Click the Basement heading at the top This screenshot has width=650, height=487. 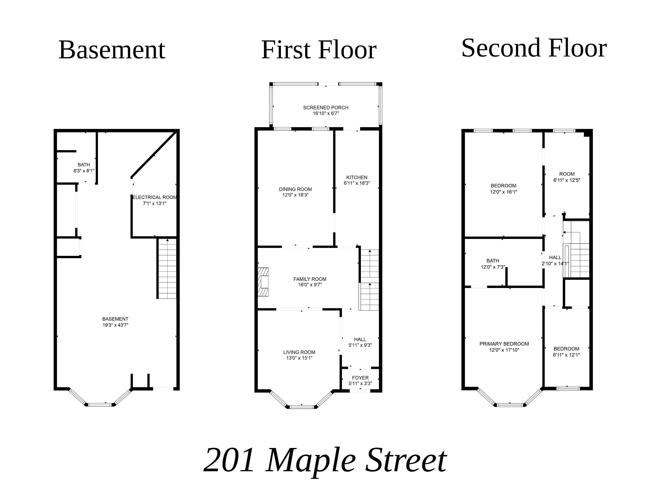click(x=112, y=50)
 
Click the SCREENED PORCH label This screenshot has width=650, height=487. click(x=326, y=108)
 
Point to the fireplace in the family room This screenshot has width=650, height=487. click(x=263, y=282)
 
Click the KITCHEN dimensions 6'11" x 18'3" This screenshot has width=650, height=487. click(x=357, y=183)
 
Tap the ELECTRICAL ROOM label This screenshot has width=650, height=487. click(x=155, y=197)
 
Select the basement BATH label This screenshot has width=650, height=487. click(x=84, y=165)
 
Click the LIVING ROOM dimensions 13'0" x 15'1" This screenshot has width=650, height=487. click(x=299, y=358)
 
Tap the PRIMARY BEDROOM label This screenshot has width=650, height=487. click(x=504, y=344)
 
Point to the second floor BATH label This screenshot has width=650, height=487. click(x=492, y=261)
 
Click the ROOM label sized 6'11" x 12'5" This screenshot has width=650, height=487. click(x=566, y=174)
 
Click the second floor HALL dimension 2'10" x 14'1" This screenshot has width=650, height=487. click(x=555, y=264)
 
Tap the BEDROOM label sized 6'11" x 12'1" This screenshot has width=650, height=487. click(x=566, y=349)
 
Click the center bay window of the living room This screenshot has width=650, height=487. click(x=302, y=407)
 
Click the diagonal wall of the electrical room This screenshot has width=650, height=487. click(x=154, y=155)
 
